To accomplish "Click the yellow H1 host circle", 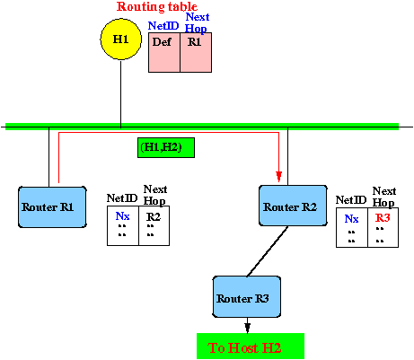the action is pos(121,40).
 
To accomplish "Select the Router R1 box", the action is pos(52,207).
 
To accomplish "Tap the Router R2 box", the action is pos(293,206).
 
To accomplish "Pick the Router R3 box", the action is pos(247,297).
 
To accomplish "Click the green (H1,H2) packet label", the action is pos(166,147).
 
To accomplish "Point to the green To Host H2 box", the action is pos(251,347).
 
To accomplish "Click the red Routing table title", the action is pos(157,6).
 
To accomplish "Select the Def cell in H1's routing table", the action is pos(164,52).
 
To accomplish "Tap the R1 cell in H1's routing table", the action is pos(196,52).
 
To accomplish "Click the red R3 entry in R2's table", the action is pos(383,218).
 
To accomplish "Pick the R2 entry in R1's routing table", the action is pos(154,216).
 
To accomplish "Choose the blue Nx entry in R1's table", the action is pos(122,216).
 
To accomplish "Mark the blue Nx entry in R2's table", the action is pos(351,219).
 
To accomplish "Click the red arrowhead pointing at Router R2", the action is pos(279,177).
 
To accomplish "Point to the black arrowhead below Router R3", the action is pos(247,328).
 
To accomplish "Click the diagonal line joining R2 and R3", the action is pos(268,251).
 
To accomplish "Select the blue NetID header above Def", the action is pos(163,26).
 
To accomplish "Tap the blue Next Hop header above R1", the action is pos(197,23).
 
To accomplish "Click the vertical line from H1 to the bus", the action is pos(121,94).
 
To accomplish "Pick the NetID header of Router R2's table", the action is pos(351,200).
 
